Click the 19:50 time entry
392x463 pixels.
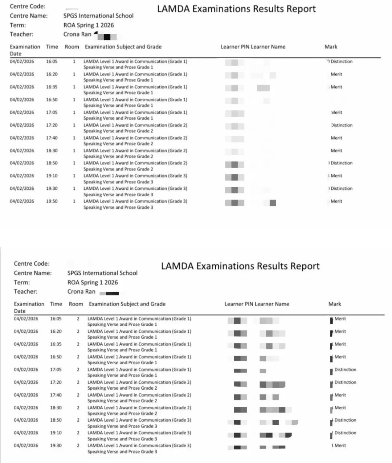(x=52, y=201)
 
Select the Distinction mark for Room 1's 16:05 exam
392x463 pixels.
(x=341, y=62)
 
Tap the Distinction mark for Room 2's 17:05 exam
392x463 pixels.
(x=345, y=370)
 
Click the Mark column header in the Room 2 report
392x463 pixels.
(x=335, y=304)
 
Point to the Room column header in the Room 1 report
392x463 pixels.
(x=72, y=47)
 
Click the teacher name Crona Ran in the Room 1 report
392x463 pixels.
(x=77, y=34)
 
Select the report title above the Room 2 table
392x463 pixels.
(x=240, y=266)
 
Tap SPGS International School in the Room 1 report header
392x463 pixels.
(x=98, y=16)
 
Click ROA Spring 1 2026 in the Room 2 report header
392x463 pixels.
(x=93, y=283)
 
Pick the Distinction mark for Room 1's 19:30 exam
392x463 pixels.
(x=341, y=189)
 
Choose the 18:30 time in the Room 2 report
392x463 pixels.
(x=56, y=408)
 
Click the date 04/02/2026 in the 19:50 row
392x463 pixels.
(x=22, y=201)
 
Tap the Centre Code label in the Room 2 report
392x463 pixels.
(x=32, y=264)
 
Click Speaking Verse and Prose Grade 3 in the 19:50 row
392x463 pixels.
(x=118, y=208)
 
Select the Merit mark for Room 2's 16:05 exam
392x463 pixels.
(x=340, y=319)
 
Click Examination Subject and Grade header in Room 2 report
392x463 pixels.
(x=127, y=304)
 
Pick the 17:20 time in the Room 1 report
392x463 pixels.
(x=52, y=125)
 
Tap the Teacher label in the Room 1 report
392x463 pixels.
(x=21, y=34)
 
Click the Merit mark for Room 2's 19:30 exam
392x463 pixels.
(x=340, y=446)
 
